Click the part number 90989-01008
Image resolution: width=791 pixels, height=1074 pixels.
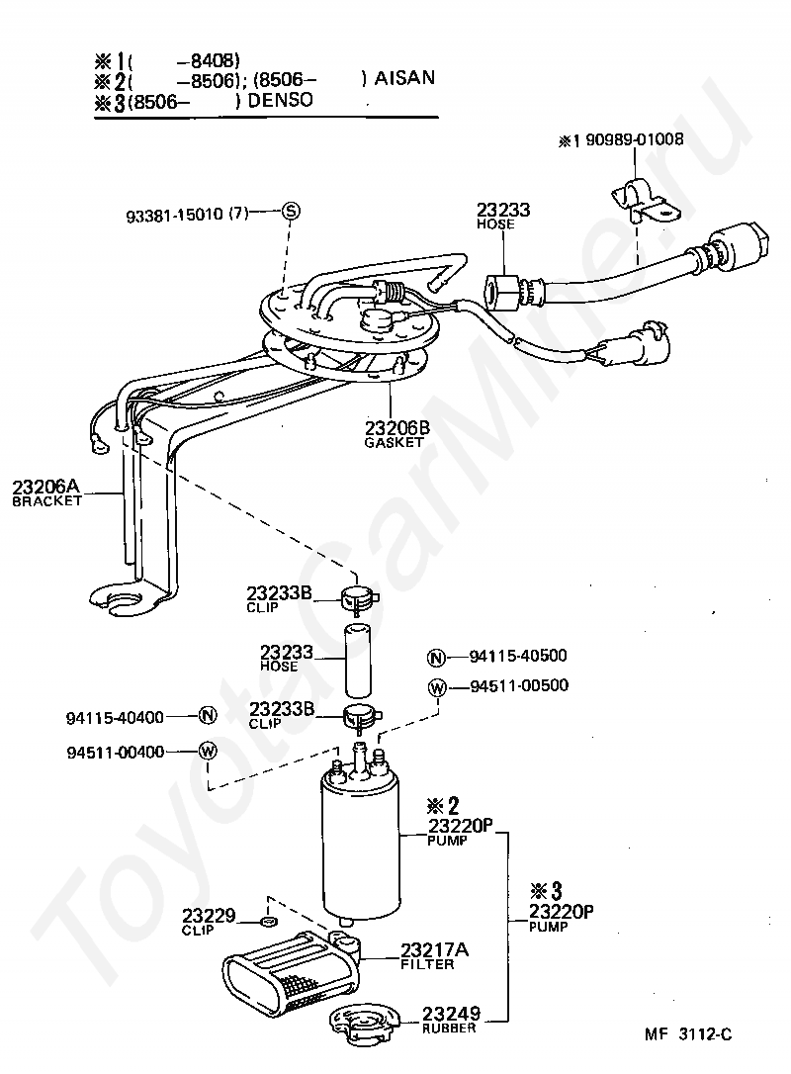(x=634, y=139)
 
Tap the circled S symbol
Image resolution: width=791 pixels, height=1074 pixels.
(x=291, y=211)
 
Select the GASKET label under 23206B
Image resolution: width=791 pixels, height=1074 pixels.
(x=394, y=442)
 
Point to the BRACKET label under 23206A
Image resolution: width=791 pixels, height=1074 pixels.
(x=47, y=500)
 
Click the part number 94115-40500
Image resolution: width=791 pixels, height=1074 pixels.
(x=518, y=656)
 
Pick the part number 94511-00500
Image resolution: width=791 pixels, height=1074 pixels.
(x=519, y=685)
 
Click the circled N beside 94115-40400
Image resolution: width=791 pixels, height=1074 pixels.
(x=207, y=716)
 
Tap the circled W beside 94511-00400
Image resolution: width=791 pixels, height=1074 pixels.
(x=208, y=751)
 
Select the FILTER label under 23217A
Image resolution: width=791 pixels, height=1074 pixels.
(x=427, y=964)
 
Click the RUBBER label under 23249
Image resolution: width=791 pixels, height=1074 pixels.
(x=449, y=1028)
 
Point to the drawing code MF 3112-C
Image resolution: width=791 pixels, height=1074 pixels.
(x=687, y=1034)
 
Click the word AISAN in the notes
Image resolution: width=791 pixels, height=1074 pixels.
(x=404, y=78)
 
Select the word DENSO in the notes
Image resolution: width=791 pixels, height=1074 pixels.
(x=280, y=100)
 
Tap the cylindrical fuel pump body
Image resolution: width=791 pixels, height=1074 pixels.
(x=360, y=845)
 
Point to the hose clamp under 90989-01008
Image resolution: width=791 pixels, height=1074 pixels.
(x=643, y=200)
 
